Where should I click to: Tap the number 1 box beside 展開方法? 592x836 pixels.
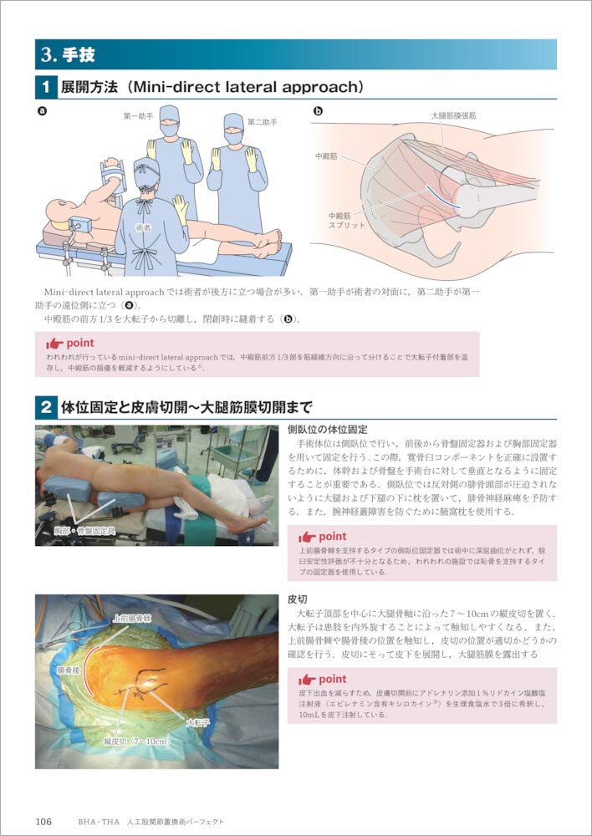pos(45,86)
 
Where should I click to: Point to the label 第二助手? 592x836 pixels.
pos(261,122)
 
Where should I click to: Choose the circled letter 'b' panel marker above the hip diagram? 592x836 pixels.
pos(319,110)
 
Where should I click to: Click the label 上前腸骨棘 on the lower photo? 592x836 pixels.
pos(131,618)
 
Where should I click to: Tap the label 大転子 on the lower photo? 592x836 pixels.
pos(197,722)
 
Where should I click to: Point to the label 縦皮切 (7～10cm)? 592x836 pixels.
pos(137,742)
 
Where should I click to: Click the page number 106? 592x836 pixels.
pos(43,821)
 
